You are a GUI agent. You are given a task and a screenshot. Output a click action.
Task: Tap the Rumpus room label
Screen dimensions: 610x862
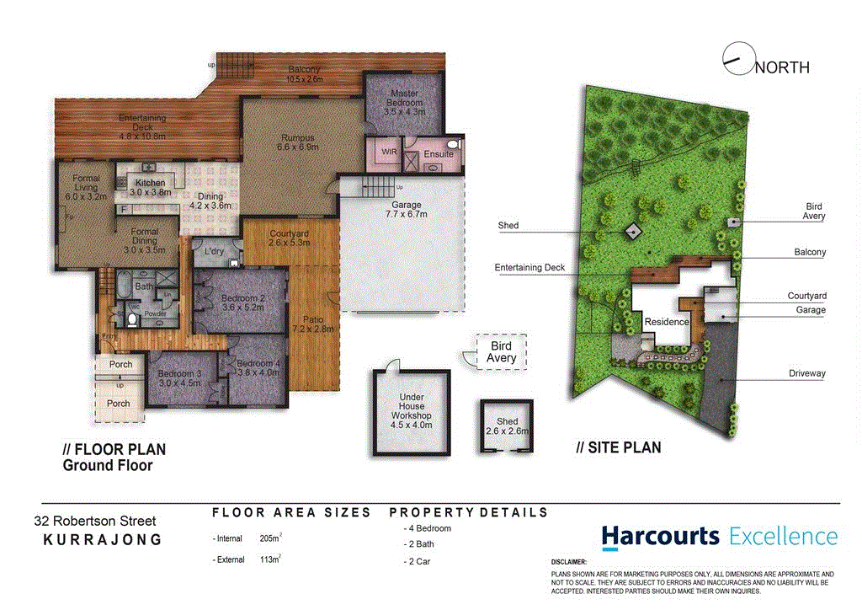pyautogui.click(x=297, y=142)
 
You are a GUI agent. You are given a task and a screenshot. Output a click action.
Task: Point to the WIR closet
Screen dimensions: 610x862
pyautogui.click(x=389, y=152)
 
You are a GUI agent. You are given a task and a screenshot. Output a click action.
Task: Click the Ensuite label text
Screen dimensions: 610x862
pyautogui.click(x=439, y=154)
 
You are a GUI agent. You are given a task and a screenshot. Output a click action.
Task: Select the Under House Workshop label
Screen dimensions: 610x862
pyautogui.click(x=411, y=411)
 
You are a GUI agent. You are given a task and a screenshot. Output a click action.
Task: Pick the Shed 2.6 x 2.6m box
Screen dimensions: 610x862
pyautogui.click(x=507, y=426)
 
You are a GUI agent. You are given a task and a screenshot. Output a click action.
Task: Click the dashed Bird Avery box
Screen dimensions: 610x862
pyautogui.click(x=500, y=352)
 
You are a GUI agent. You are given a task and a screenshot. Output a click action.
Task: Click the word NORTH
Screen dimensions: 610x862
pyautogui.click(x=782, y=67)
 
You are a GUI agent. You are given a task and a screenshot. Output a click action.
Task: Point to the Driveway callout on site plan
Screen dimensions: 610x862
pyautogui.click(x=806, y=374)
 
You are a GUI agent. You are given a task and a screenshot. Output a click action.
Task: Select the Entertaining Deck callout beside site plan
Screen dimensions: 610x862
pyautogui.click(x=529, y=267)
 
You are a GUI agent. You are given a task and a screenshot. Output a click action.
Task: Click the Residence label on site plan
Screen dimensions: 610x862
pyautogui.click(x=667, y=322)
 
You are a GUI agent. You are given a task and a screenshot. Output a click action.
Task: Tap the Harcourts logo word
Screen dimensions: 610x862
pyautogui.click(x=660, y=536)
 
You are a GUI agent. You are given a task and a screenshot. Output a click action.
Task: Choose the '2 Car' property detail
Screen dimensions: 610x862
pyautogui.click(x=419, y=561)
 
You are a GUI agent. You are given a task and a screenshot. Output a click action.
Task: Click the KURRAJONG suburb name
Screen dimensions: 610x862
pyautogui.click(x=102, y=540)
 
